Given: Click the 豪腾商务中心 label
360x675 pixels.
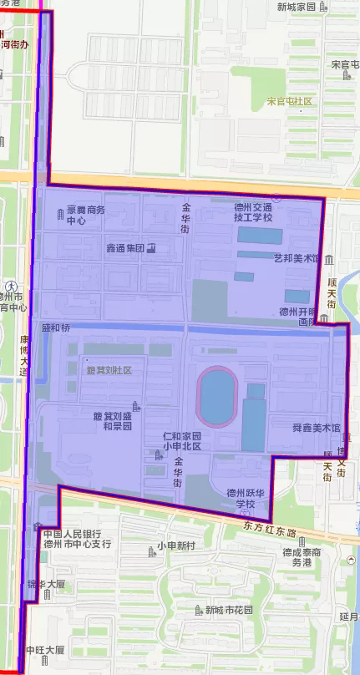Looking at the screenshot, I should pyautogui.click(x=87, y=216).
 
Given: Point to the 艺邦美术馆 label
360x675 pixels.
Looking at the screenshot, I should pyautogui.click(x=297, y=258).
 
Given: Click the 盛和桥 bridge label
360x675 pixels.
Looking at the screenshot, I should pyautogui.click(x=56, y=328).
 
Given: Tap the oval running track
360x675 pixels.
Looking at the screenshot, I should pyautogui.click(x=217, y=396).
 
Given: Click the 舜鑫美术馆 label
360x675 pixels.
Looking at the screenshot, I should pyautogui.click(x=317, y=428).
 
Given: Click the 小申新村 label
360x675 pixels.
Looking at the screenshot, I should pyautogui.click(x=176, y=546).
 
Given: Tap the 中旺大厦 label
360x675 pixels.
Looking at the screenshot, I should pyautogui.click(x=45, y=649).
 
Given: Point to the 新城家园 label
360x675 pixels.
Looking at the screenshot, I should pyautogui.click(x=297, y=7).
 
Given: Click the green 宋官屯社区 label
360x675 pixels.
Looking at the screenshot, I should pyautogui.click(x=289, y=102).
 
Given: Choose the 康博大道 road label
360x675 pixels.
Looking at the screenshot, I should pyautogui.click(x=23, y=356).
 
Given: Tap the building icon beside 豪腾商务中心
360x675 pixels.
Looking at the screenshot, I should pyautogui.click(x=58, y=216).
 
